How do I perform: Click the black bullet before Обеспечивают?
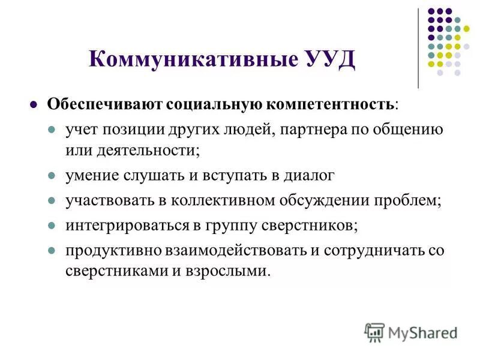point(34,103)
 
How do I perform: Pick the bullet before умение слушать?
point(52,176)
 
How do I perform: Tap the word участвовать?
point(106,200)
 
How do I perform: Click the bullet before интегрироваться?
point(52,226)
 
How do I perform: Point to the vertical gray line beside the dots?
point(418,48)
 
